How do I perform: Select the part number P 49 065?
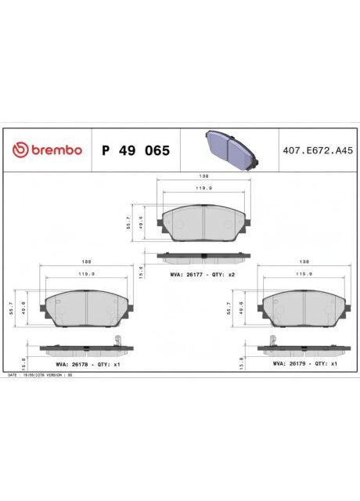point(135,150)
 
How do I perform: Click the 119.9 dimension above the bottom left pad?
point(88,275)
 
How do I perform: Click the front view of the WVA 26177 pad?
point(202,223)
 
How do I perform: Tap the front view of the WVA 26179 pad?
point(304,310)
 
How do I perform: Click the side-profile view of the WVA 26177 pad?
point(202,255)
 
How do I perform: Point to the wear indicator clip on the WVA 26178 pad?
point(117,341)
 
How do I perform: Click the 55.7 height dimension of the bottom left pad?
point(11,309)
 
